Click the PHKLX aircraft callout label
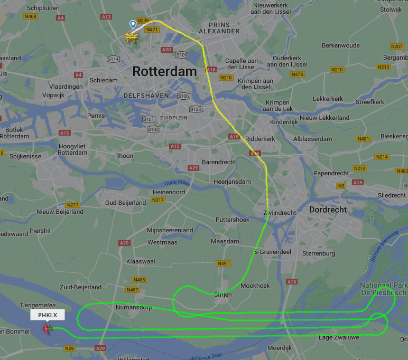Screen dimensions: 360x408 tap(48, 315)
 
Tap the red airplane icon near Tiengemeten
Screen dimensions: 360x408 tap(48, 329)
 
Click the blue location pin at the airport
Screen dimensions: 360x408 tap(133, 24)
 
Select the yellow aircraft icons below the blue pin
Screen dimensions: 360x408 tap(130, 37)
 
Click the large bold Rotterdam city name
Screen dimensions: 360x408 tap(164, 71)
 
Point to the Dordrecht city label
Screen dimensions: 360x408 tap(328, 210)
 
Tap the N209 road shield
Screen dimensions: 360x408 tap(143, 21)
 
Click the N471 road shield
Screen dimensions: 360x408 tap(152, 30)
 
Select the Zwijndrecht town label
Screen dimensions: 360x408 tap(280, 213)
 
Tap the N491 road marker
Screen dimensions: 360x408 tap(224, 263)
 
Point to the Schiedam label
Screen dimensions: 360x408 tap(104, 80)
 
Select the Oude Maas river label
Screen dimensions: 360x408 tap(177, 183)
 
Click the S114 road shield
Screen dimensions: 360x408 tap(113, 59)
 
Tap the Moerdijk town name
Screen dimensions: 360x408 tap(280, 348)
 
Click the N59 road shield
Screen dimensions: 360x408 tap(69, 348)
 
